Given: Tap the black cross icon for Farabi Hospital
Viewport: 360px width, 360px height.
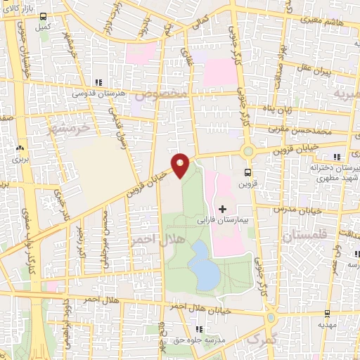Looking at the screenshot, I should pos(222,208).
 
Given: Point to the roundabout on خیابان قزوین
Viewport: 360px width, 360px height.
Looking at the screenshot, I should pos(247,150).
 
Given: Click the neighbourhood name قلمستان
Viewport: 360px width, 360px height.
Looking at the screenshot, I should pos(306,238).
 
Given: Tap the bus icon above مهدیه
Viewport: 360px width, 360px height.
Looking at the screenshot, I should pos(326,314).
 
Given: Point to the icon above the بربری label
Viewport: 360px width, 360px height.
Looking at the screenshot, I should pos(19,148).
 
